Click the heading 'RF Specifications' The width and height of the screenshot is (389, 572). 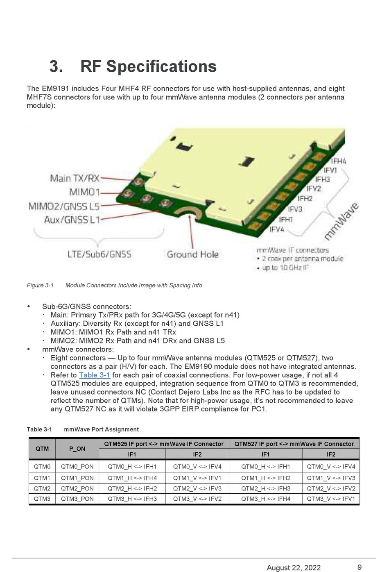click(x=148, y=66)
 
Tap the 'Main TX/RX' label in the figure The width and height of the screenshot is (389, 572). click(x=75, y=178)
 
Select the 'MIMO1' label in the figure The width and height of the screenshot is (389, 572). click(x=84, y=192)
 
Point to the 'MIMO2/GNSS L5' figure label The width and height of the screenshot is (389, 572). click(x=64, y=206)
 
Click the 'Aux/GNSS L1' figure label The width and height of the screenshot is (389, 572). click(x=72, y=220)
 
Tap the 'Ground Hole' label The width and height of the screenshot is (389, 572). click(x=192, y=254)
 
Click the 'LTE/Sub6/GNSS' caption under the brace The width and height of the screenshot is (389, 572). click(x=100, y=254)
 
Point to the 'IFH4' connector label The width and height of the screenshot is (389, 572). click(x=338, y=161)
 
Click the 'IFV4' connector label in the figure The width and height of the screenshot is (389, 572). click(x=277, y=229)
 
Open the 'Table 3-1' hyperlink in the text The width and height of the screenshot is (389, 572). click(x=95, y=375)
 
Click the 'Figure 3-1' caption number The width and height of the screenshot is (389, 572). click(x=40, y=285)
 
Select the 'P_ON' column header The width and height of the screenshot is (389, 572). click(x=77, y=449)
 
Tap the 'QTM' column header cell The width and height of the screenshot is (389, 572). click(x=42, y=449)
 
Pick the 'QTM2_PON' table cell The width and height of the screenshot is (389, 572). click(x=77, y=488)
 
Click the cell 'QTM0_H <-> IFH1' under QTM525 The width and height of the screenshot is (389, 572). click(x=132, y=467)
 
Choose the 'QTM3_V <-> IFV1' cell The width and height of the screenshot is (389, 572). click(x=331, y=499)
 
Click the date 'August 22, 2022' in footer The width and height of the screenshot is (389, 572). click(x=294, y=567)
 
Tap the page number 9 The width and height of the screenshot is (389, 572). click(x=360, y=567)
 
